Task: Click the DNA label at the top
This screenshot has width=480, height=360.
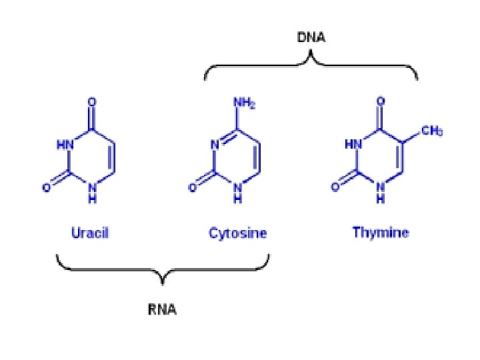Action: [311, 38]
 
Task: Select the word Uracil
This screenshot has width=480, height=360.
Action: [89, 233]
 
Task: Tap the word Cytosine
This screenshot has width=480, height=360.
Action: [237, 233]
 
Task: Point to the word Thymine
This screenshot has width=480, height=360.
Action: [381, 233]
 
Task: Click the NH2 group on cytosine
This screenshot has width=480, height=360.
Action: [244, 104]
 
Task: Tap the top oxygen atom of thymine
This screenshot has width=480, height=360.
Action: [380, 102]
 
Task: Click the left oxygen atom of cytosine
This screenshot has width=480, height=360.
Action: [192, 188]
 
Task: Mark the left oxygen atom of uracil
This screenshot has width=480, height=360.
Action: [47, 188]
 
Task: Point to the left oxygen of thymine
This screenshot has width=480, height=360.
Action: [335, 188]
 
